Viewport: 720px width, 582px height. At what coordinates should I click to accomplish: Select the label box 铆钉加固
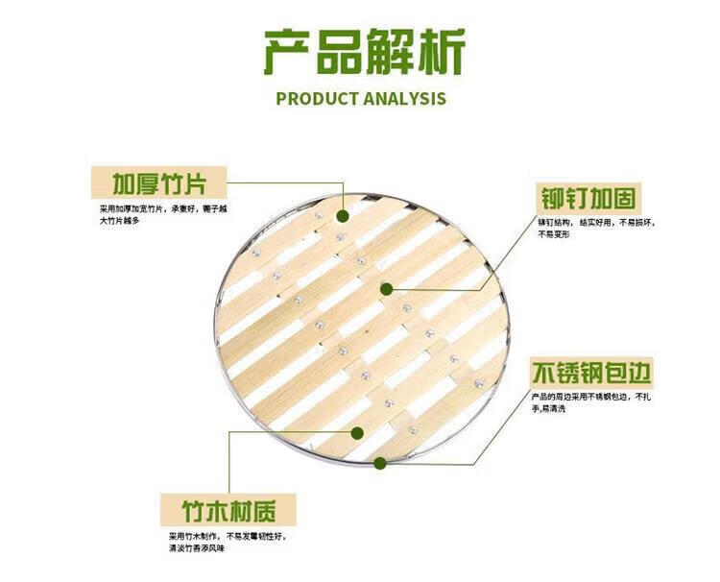[587, 199]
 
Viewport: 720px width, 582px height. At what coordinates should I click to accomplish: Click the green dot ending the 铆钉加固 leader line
[387, 288]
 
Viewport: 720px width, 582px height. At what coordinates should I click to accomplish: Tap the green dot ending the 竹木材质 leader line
[358, 432]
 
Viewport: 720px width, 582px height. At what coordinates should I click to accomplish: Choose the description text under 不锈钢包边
[592, 402]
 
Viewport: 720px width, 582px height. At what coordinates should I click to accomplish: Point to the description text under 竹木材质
[227, 542]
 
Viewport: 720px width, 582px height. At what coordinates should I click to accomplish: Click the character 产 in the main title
[291, 54]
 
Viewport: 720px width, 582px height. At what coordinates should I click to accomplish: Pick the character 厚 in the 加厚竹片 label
[143, 182]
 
